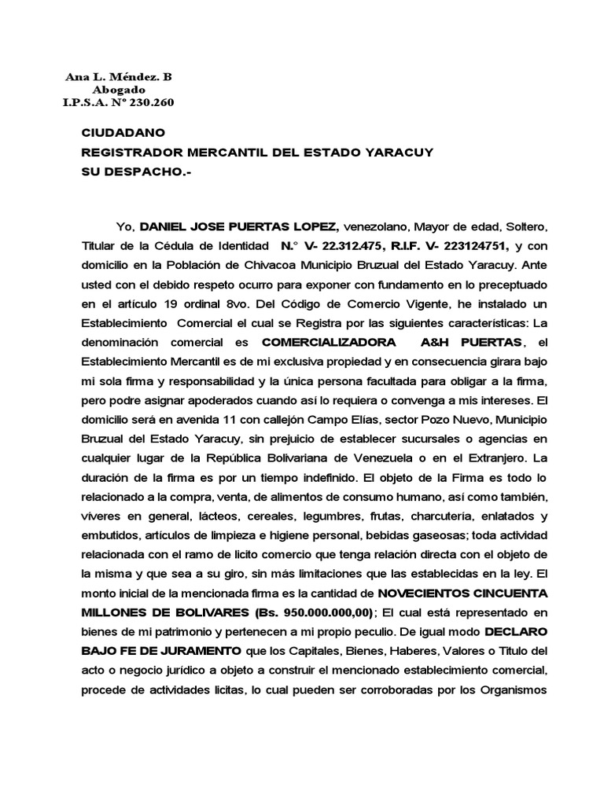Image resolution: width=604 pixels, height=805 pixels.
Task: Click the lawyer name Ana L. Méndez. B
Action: coord(117,77)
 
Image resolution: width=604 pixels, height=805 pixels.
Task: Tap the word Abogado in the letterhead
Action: coord(118,90)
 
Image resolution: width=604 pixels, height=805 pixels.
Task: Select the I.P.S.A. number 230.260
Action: coord(146,102)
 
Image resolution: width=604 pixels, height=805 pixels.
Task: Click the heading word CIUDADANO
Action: coord(123,134)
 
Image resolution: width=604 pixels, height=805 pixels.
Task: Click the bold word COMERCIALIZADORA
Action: coord(328,342)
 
